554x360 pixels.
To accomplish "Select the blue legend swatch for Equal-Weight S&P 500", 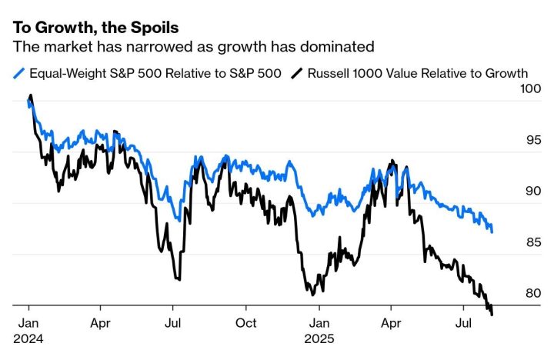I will click(19, 74).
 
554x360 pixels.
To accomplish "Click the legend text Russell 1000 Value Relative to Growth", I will click(418, 74).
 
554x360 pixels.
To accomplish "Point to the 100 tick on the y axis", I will click(530, 90).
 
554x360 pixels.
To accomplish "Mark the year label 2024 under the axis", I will click(29, 338).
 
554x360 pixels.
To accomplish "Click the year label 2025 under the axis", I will click(321, 338).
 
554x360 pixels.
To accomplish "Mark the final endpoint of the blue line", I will click(492, 232).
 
